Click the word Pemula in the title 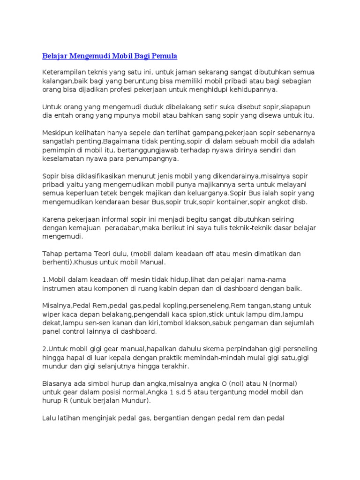164,56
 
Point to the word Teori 108,254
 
